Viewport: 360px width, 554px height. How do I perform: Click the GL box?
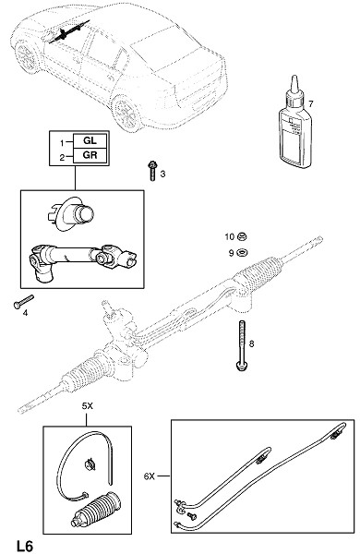point(90,140)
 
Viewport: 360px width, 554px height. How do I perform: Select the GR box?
point(90,155)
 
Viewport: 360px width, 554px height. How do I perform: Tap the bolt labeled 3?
point(152,171)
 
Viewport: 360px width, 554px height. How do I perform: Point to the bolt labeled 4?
point(23,301)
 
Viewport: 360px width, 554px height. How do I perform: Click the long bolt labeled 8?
point(242,345)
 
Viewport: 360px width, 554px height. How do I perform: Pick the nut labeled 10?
point(242,236)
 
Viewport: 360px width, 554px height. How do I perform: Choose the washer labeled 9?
point(242,253)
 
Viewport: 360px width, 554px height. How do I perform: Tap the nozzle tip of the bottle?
point(294,77)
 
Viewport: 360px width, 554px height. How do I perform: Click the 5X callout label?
point(88,406)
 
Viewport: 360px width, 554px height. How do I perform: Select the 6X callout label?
point(150,476)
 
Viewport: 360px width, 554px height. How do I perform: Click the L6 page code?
point(25,546)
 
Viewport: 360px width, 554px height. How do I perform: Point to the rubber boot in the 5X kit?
point(95,509)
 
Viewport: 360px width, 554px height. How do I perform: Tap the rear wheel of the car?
point(126,113)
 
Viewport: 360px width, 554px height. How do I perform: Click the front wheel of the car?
point(27,56)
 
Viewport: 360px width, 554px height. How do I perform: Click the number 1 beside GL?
point(62,143)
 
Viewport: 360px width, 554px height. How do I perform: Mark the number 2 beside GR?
point(62,158)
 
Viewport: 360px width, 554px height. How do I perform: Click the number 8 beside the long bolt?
point(252,343)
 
